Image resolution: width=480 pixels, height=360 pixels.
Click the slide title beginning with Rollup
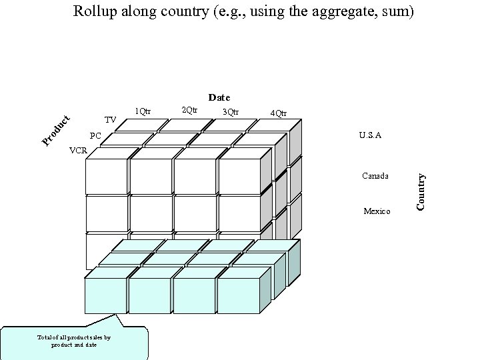(243, 11)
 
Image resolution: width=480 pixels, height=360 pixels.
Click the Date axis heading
(219, 98)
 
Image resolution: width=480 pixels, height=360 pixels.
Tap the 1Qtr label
(142, 111)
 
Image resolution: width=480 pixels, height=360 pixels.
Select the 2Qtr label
(189, 109)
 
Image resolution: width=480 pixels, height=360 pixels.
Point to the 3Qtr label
(230, 111)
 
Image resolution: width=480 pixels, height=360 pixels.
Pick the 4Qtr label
(279, 113)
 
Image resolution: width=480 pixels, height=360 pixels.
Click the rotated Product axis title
(56, 130)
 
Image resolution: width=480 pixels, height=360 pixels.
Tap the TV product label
(111, 120)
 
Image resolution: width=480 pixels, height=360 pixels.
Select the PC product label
(95, 136)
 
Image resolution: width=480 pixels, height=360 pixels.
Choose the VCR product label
(78, 151)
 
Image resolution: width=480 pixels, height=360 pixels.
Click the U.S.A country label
(370, 135)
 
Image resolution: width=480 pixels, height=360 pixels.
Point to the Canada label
(375, 177)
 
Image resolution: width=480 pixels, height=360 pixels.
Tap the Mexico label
(377, 211)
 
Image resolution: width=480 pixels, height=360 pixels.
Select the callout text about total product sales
(74, 341)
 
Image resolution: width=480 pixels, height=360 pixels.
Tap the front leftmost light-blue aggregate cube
(105, 295)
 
